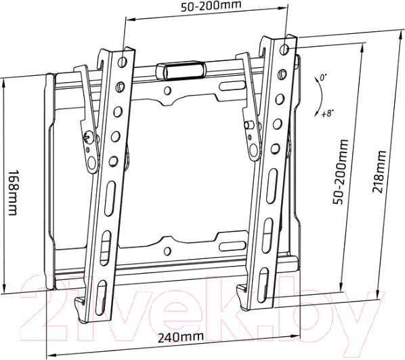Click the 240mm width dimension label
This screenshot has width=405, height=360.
point(181,337)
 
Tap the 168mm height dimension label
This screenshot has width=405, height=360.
point(12,193)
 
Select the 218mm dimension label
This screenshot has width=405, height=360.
point(379,172)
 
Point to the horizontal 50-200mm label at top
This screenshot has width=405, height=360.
point(211,6)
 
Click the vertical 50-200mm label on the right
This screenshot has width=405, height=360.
point(341,172)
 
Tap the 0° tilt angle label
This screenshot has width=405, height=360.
point(323,77)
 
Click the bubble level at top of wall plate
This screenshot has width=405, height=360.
point(182,69)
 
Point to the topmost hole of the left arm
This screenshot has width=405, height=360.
point(122,61)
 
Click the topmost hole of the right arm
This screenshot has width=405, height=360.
point(284,49)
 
